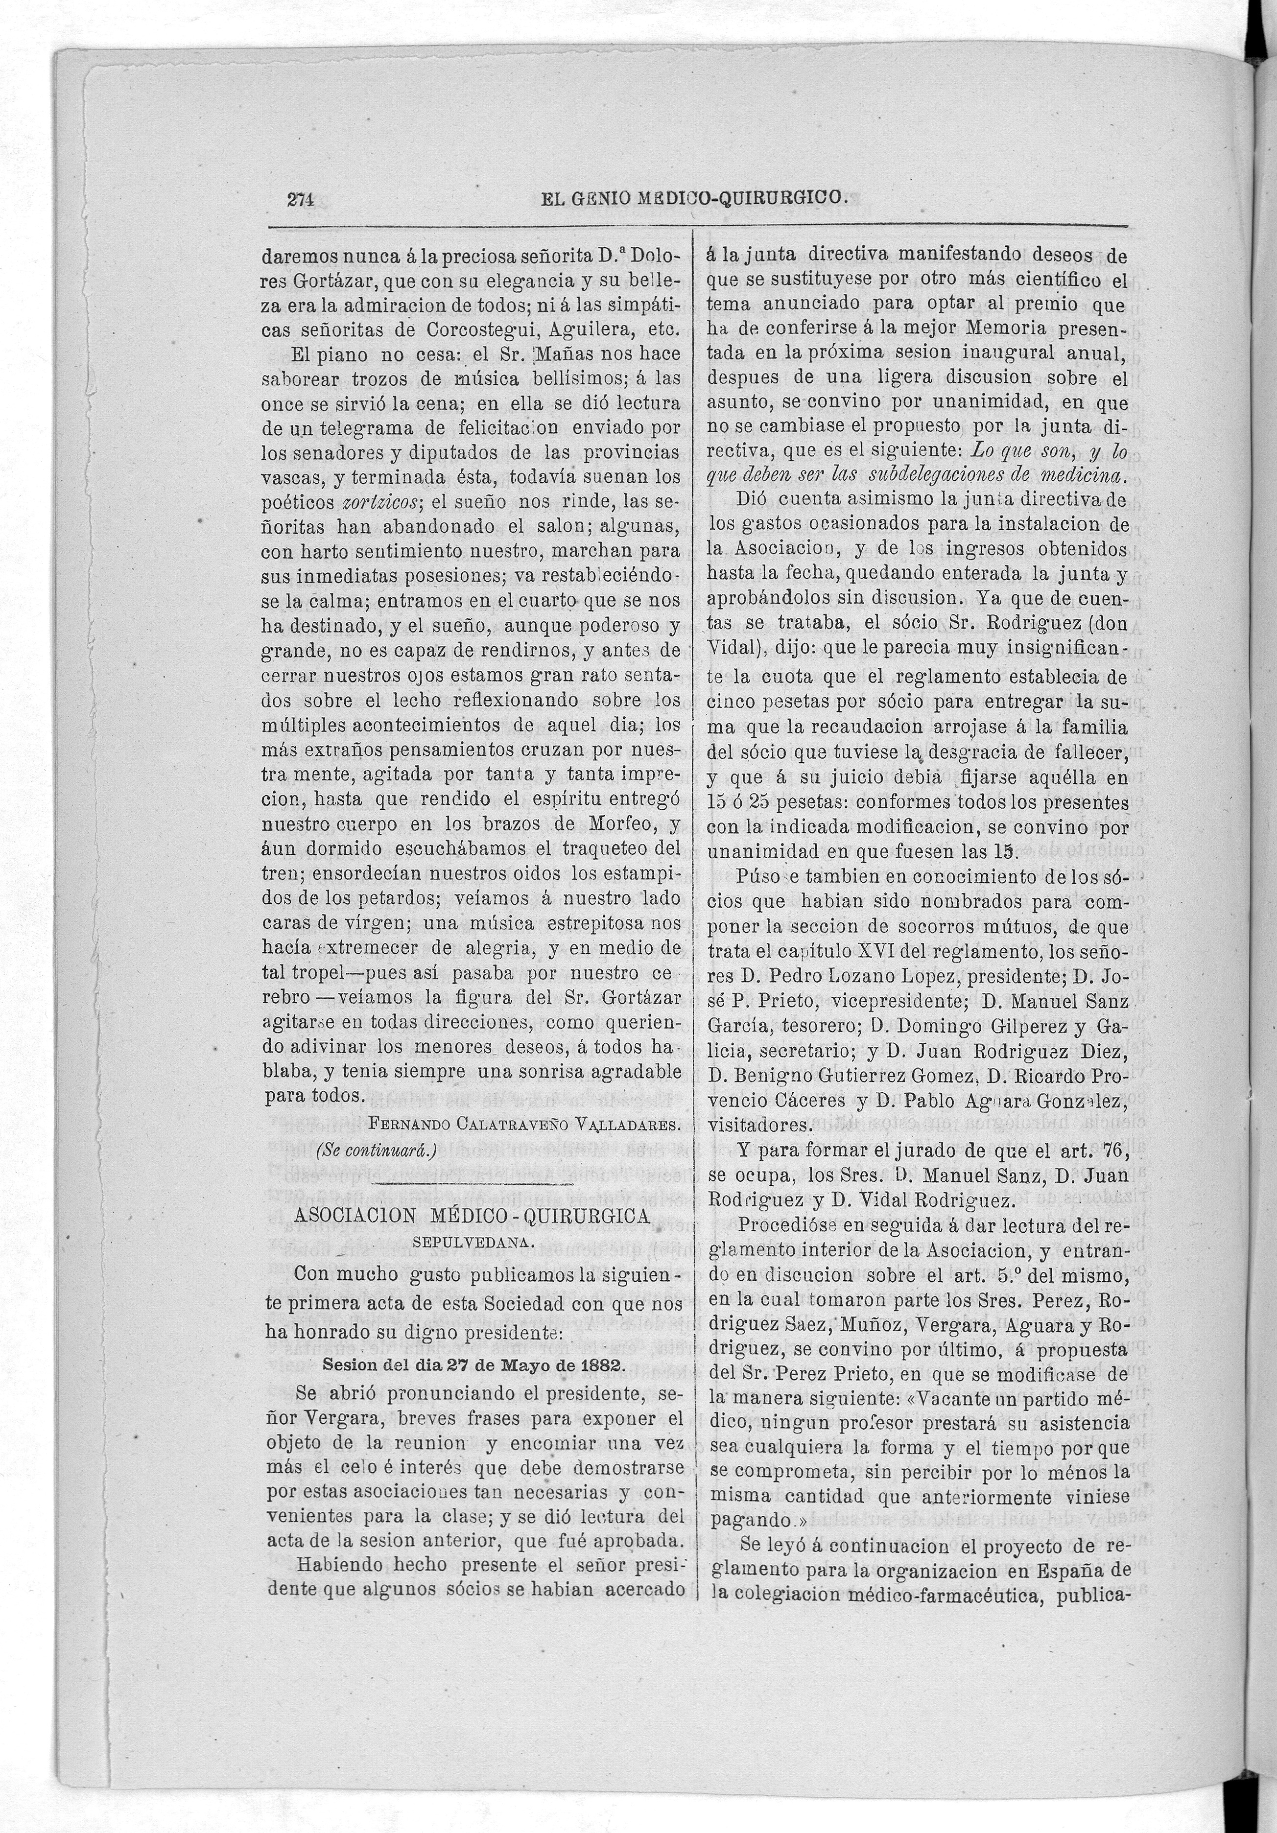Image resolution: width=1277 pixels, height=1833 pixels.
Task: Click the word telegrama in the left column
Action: [x=352, y=428]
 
